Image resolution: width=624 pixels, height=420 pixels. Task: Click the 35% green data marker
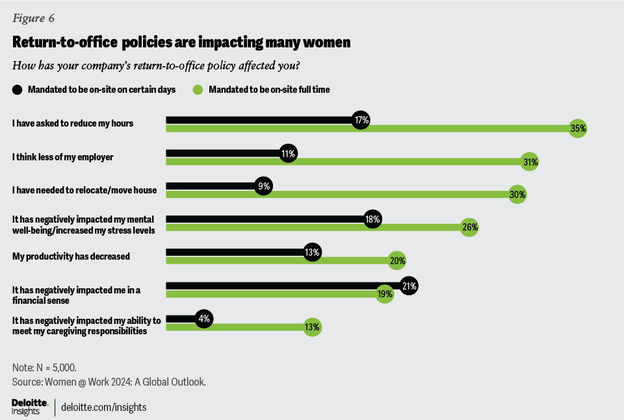point(578,129)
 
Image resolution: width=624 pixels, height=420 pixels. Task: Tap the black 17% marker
point(361,120)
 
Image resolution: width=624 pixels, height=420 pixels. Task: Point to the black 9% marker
point(264,186)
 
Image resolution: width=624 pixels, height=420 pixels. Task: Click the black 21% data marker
point(409,286)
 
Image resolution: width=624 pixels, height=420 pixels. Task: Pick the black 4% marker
point(203,319)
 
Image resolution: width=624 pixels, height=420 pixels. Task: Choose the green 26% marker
point(470,228)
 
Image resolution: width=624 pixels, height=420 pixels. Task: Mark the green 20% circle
point(397,261)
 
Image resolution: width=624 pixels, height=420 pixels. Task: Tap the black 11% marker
point(289,154)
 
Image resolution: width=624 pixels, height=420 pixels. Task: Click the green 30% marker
point(517,195)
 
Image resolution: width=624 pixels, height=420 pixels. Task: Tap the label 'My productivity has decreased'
point(71,256)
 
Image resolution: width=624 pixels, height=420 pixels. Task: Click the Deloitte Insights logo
point(30,407)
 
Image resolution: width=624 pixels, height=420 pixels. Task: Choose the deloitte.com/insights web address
point(103,407)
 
